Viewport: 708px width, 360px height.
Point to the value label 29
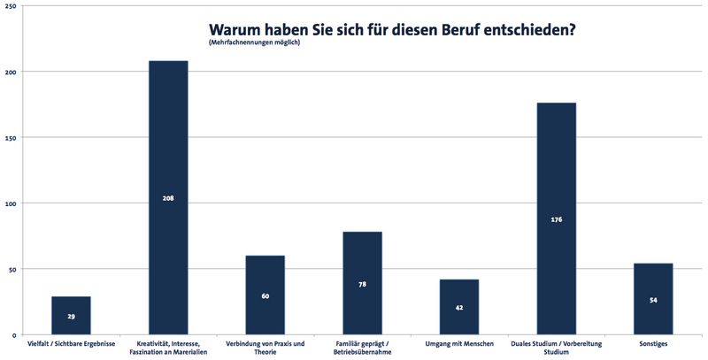(x=71, y=316)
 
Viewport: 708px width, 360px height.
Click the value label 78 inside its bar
(x=362, y=284)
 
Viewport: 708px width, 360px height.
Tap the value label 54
(x=653, y=300)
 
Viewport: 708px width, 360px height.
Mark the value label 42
(x=459, y=308)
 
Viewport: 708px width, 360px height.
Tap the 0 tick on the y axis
(x=12, y=335)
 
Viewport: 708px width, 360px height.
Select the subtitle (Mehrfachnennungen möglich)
(x=255, y=43)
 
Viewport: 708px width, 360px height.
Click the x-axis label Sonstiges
(x=653, y=343)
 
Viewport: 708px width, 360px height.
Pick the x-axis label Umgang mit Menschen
(x=459, y=343)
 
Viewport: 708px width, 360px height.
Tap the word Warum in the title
(x=233, y=28)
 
